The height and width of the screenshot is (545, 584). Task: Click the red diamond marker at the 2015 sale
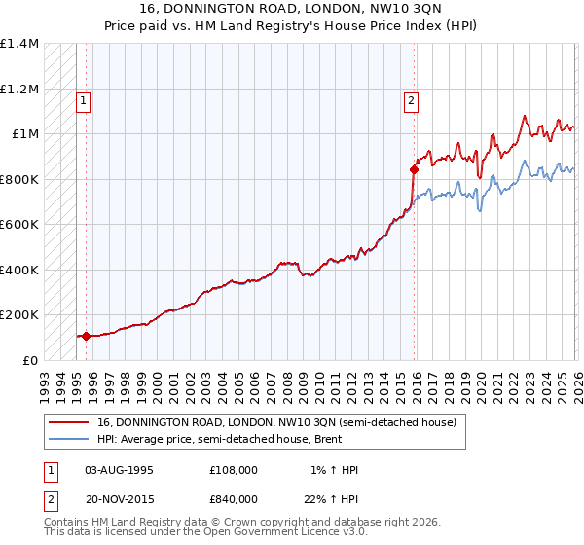coord(414,169)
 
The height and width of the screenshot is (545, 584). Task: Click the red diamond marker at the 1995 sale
coord(86,336)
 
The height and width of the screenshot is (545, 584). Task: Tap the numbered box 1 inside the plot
coord(84,99)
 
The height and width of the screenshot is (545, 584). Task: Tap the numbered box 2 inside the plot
coord(412,99)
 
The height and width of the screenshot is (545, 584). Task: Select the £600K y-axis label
coord(19,225)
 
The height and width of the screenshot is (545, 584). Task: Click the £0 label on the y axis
coord(28,361)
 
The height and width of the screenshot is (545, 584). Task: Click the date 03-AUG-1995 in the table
coord(120,470)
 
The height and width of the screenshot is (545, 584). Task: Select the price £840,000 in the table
coord(233,499)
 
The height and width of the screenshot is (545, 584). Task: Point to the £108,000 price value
coord(233,470)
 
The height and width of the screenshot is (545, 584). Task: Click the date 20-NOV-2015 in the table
coord(120,499)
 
